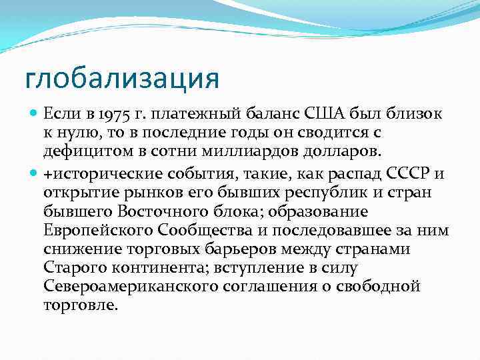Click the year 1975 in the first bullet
(116, 115)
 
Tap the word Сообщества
(208, 231)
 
